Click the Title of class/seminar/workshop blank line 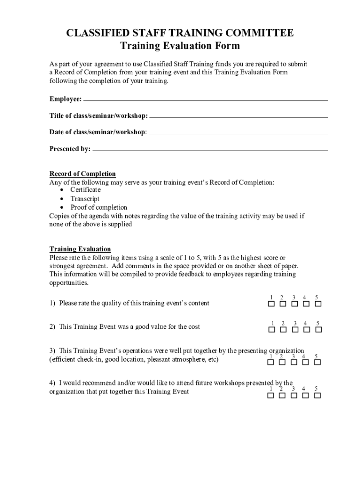[238, 116]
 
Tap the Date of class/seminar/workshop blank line [238, 133]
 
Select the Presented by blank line [210, 150]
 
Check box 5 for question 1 [318, 304]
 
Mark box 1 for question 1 [271, 304]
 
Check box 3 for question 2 [295, 330]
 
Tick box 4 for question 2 [306, 330]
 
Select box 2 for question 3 [283, 363]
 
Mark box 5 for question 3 [318, 363]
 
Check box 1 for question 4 [271, 395]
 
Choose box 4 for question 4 [306, 395]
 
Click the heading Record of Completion [83, 174]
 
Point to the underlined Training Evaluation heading [80, 249]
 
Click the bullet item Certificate [86, 190]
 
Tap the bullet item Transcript [85, 199]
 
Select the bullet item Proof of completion [99, 207]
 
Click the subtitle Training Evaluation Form [180, 46]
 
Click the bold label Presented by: [70, 149]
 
